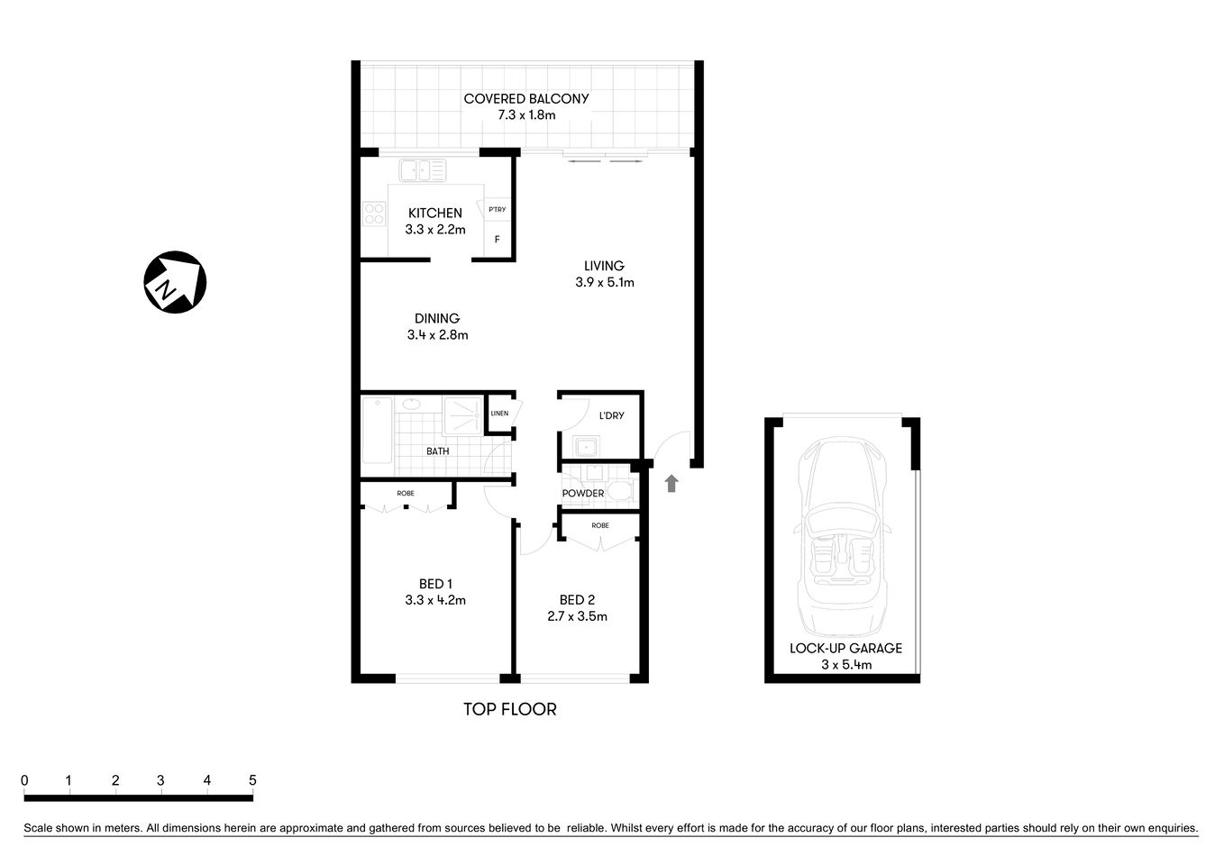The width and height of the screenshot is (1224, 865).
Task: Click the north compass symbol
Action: tap(175, 282)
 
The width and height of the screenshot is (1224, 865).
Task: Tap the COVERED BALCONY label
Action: tap(526, 99)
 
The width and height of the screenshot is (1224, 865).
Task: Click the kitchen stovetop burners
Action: tap(373, 214)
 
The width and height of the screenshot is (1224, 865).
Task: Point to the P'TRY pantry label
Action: tap(497, 210)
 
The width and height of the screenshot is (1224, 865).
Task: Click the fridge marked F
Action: tap(497, 241)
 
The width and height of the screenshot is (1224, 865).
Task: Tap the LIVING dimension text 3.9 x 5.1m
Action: tap(605, 282)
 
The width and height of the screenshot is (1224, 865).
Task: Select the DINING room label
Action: tap(437, 318)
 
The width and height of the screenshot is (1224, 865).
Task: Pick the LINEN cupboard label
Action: tap(499, 414)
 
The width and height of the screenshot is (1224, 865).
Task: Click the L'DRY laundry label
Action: tap(611, 416)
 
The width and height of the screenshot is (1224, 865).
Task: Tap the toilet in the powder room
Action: tap(619, 491)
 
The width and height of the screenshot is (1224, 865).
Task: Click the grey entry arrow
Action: tap(671, 484)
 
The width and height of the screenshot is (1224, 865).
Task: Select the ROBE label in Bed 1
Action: tap(406, 494)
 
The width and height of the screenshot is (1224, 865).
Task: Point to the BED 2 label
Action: tap(577, 600)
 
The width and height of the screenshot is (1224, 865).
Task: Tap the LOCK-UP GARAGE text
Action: tap(845, 648)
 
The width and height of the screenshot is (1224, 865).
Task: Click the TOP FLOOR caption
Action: tap(510, 710)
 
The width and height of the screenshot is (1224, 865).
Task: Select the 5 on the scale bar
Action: tap(252, 780)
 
